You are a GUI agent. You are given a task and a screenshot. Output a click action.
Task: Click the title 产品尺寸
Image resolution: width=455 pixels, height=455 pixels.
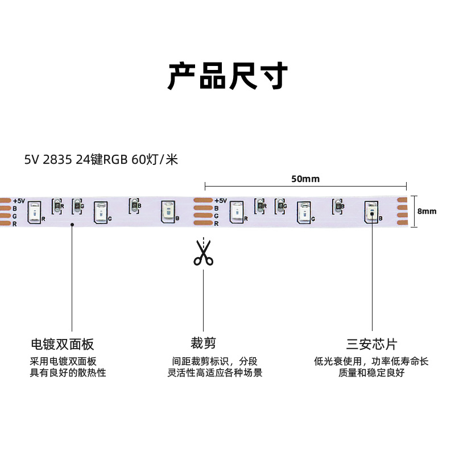227,76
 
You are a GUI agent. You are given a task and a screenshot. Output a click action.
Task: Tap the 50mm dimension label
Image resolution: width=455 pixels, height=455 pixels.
305,179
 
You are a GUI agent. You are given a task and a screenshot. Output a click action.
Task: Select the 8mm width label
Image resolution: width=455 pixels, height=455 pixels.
427,211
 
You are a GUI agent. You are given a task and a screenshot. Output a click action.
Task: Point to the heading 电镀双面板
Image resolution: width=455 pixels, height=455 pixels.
62,344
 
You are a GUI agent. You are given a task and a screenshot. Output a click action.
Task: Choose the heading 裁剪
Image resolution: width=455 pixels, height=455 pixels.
203,343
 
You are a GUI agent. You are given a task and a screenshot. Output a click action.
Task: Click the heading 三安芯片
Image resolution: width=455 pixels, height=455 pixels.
372,344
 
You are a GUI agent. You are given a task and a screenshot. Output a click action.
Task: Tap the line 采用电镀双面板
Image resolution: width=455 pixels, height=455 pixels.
63,361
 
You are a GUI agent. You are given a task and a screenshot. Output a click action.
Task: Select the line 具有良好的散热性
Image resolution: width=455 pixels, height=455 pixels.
68,373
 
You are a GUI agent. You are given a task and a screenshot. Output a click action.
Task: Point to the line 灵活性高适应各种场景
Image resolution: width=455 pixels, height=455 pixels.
215,373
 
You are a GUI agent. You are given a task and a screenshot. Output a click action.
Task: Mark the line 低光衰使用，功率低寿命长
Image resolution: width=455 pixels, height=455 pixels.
371,361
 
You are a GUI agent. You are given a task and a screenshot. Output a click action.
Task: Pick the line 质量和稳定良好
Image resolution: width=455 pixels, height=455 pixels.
371,373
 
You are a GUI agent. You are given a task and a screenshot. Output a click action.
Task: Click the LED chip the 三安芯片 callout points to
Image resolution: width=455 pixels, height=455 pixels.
371,210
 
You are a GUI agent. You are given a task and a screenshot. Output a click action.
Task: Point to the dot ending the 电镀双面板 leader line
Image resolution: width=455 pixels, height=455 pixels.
72,225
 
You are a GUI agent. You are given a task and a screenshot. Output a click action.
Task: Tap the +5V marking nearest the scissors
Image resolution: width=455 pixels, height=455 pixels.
220,201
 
